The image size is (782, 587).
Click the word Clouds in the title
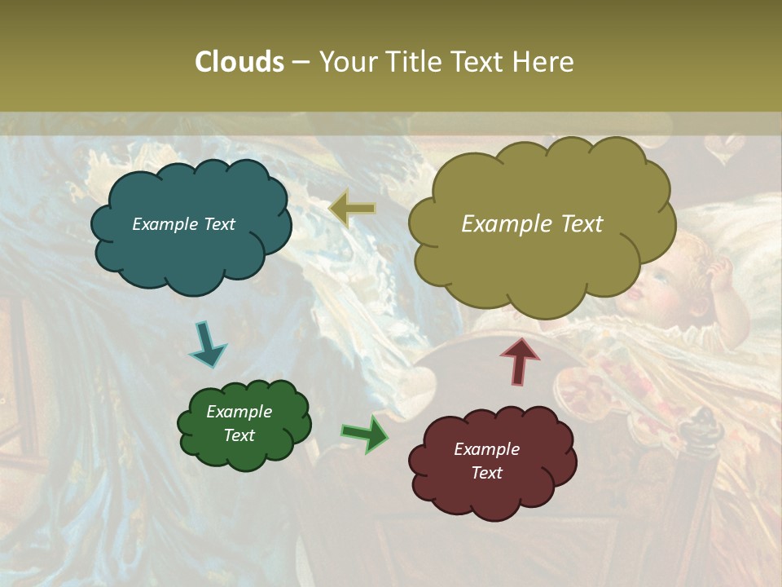point(239,62)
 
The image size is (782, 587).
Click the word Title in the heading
point(412,62)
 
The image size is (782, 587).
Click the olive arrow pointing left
point(352,210)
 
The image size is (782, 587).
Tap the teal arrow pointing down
point(207,343)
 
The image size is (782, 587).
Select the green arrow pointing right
point(366,433)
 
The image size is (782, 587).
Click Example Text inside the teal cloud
point(183,224)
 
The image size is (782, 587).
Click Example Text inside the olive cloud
point(532,224)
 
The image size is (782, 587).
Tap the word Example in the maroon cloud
point(486,449)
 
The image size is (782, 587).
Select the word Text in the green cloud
point(239,435)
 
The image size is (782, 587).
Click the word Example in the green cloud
point(239,412)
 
